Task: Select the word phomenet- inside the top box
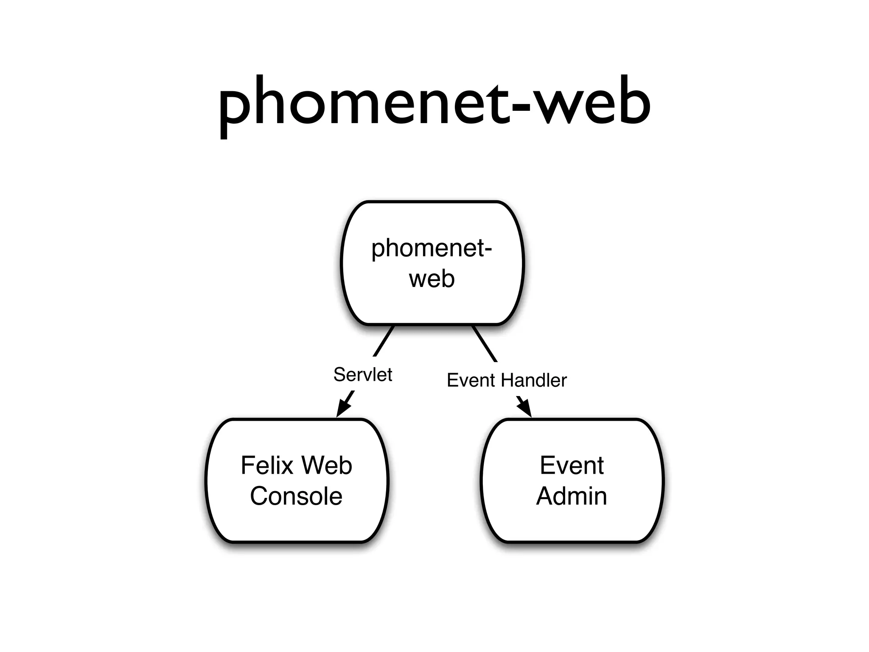point(432,249)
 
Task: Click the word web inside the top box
point(432,279)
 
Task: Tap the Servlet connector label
point(362,375)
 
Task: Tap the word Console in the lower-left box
point(296,496)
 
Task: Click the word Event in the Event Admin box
point(572,465)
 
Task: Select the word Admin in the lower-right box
point(572,496)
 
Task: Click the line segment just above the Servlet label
point(384,341)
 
